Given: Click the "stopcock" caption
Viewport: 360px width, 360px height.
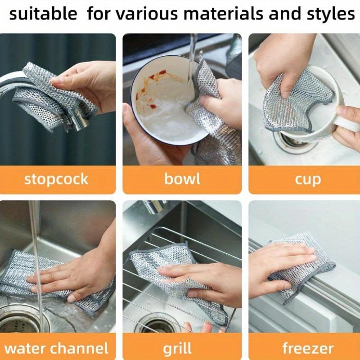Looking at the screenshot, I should tap(56, 179).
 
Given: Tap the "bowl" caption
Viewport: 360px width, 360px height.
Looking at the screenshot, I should tap(182, 179).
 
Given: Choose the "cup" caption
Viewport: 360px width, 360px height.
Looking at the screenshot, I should tap(308, 179).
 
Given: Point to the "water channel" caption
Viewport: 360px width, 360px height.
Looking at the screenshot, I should tap(56, 348).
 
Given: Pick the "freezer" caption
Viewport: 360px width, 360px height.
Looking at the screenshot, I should tap(308, 348).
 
